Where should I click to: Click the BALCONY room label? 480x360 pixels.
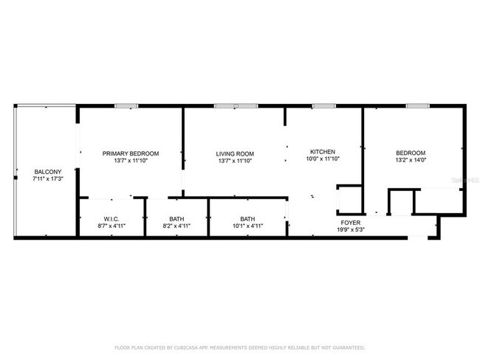[x=47, y=171]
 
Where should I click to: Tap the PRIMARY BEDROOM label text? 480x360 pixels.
[x=131, y=153]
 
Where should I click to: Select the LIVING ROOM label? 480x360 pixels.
[x=235, y=153]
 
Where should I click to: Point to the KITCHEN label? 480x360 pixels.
[x=323, y=151]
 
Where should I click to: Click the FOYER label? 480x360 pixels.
[x=350, y=222]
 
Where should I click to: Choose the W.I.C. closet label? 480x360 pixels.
[x=112, y=219]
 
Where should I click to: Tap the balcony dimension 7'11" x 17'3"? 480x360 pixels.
[x=47, y=179]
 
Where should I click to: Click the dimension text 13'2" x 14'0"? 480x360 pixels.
[x=411, y=160]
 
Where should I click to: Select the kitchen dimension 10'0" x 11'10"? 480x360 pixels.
[x=323, y=159]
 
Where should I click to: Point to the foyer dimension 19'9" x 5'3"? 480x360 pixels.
[x=350, y=229]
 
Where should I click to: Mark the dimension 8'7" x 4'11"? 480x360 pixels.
[x=112, y=226]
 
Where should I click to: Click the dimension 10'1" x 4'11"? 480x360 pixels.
[x=248, y=226]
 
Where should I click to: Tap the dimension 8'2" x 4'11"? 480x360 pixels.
[x=176, y=226]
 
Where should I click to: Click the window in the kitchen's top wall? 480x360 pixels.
[x=323, y=106]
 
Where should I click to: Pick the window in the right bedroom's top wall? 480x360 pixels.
[x=417, y=106]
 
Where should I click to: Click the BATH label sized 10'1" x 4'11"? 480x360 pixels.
[x=248, y=219]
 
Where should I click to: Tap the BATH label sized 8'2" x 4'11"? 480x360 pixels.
[x=176, y=219]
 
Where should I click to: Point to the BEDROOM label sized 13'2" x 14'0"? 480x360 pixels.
[x=411, y=153]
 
